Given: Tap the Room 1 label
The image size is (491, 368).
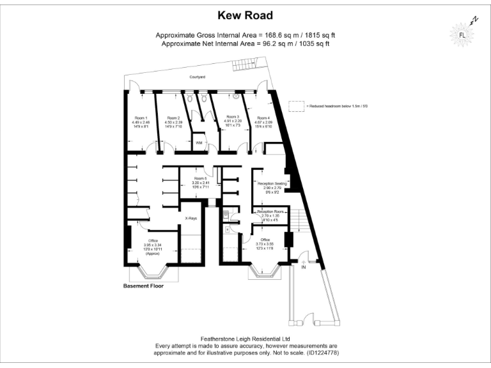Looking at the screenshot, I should [x=140, y=118].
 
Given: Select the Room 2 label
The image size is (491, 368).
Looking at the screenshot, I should [x=174, y=118].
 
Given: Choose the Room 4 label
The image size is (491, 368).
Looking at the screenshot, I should [x=264, y=118].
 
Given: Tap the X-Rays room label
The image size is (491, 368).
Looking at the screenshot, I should [x=191, y=218].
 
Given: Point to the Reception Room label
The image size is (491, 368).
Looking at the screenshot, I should [x=270, y=211].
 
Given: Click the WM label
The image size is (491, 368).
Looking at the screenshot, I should [x=199, y=142].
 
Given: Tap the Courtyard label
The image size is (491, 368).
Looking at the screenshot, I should [x=197, y=77].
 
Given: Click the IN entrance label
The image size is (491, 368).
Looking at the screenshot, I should [x=304, y=267].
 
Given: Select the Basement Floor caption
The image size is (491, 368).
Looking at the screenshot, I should [x=143, y=286].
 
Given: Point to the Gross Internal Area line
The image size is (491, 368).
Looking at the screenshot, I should [x=245, y=34].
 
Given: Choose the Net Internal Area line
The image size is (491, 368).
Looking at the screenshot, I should [x=245, y=43].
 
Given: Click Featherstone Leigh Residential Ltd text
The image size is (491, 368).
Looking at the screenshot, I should [x=245, y=339].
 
